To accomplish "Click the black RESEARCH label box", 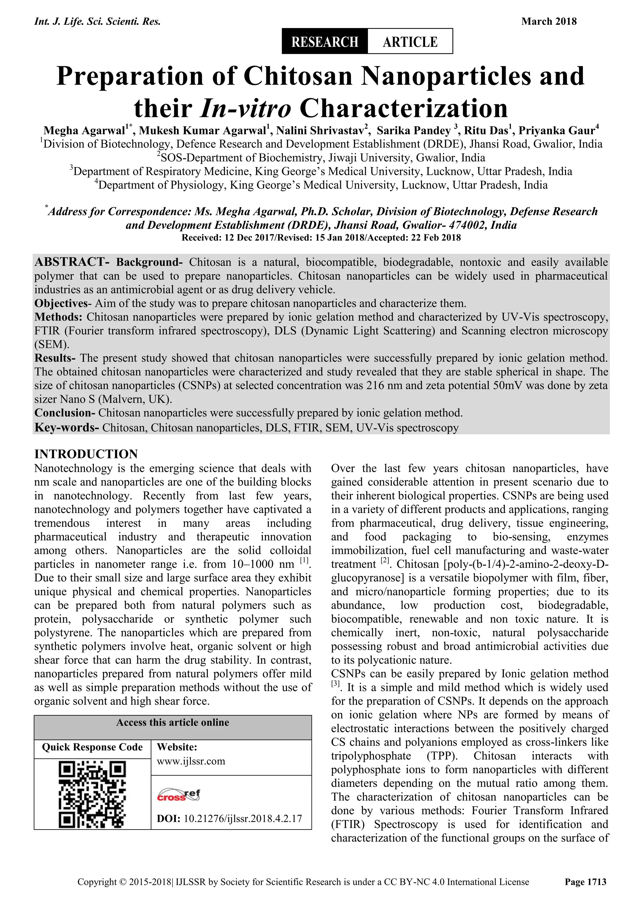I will click(325, 42).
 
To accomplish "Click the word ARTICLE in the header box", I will click(410, 42).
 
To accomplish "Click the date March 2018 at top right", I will click(549, 21).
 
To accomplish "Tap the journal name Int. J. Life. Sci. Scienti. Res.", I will click(97, 21).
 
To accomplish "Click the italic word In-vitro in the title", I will click(246, 108).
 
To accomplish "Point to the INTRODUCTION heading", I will click(86, 454).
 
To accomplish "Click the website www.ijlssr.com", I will click(191, 761).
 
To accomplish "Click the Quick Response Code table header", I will click(92, 747).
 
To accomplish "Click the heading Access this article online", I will click(173, 723).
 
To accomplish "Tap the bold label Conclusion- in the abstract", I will click(65, 413).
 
